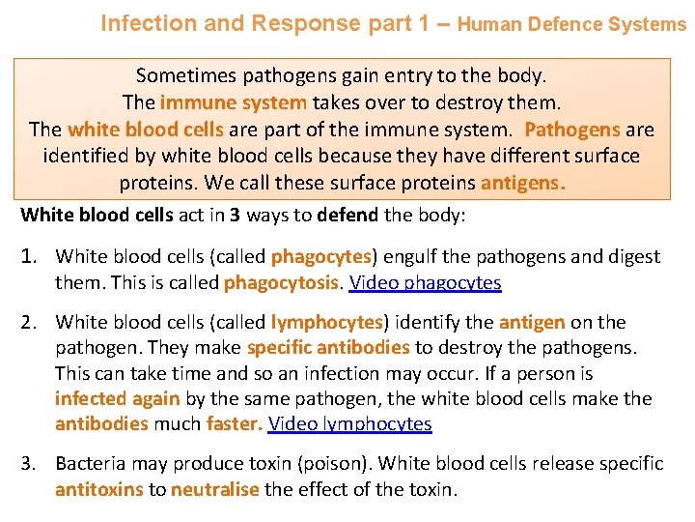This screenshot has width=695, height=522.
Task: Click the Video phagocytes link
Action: [x=425, y=282]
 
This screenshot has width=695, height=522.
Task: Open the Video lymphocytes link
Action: [x=349, y=423]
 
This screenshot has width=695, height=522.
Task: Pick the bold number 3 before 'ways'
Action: [x=236, y=215]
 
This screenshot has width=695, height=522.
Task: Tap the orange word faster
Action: [x=234, y=423]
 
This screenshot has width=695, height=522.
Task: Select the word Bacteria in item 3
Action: [x=90, y=464]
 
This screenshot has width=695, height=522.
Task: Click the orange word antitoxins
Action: [x=98, y=489]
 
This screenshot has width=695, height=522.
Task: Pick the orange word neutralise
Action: [x=214, y=489]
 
